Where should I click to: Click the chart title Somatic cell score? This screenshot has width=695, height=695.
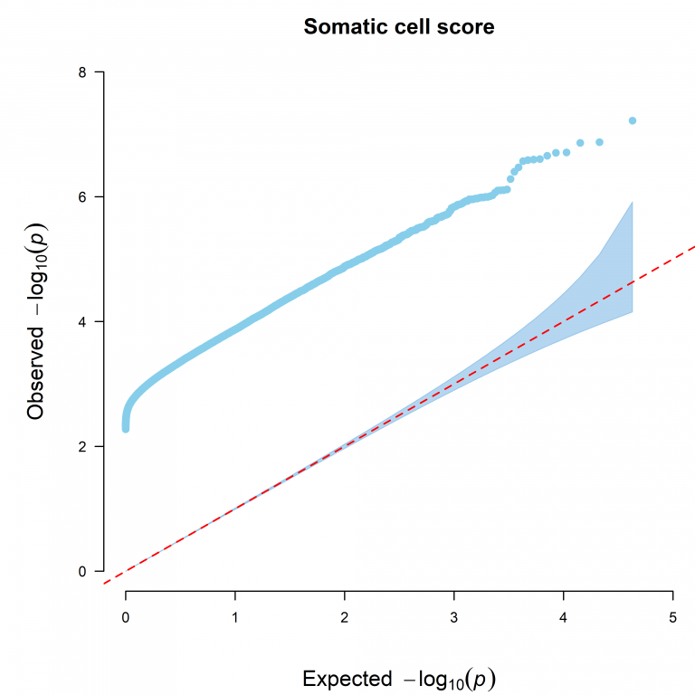click(399, 27)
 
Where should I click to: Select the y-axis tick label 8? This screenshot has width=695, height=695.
click(82, 71)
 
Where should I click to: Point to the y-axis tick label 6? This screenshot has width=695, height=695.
click(82, 196)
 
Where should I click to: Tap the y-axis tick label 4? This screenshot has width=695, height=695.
click(82, 321)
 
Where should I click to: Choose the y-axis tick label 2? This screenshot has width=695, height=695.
click(82, 446)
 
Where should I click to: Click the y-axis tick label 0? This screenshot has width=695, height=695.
click(82, 571)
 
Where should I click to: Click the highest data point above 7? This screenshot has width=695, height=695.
click(633, 120)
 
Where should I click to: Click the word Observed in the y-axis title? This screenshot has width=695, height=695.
click(36, 372)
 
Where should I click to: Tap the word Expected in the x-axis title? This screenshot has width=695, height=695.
click(339, 679)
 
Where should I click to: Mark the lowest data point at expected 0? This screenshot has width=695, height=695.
click(126, 428)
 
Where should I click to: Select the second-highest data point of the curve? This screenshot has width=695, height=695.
click(599, 142)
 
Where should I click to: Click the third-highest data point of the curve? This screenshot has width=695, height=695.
click(580, 143)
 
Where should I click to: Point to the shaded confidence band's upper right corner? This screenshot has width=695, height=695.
click(631, 202)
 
